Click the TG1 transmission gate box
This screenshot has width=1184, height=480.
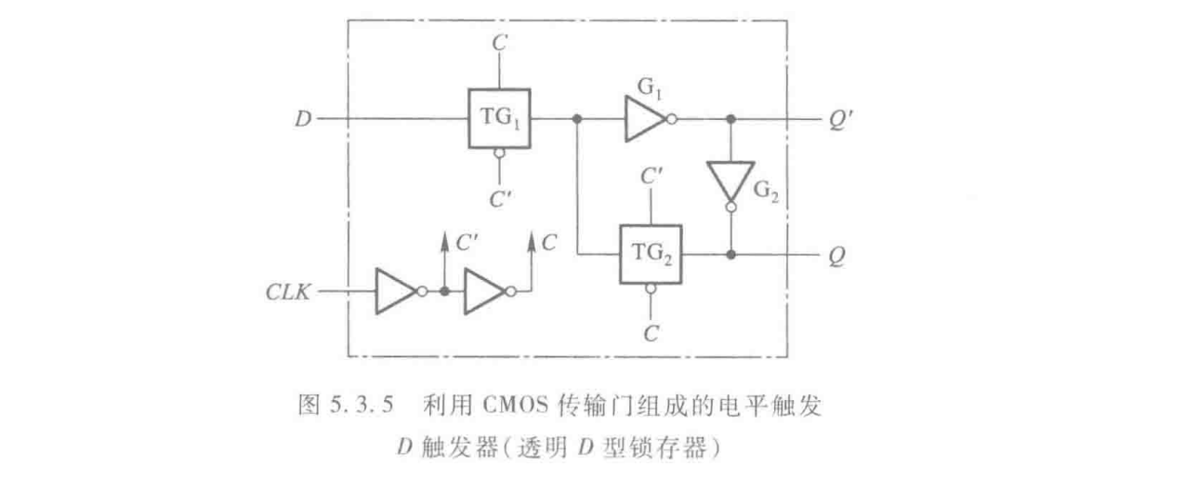pos(498,119)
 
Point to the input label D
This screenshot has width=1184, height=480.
pos(303,120)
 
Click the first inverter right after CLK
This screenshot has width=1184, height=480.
pos(396,291)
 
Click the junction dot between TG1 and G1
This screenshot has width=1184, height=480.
pos(577,120)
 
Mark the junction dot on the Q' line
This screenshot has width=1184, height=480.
pos(730,120)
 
